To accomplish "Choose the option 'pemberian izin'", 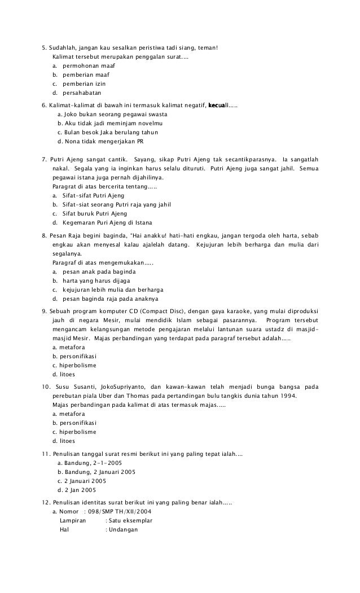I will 84,84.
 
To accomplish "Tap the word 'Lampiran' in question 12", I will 73,520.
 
